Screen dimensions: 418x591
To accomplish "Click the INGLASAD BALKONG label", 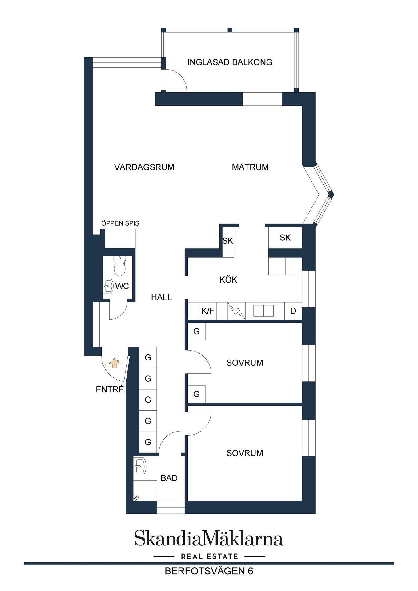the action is pos(230,62).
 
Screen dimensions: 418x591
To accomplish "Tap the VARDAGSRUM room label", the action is pos(144,167).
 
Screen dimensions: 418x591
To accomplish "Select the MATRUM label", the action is pos(250,167).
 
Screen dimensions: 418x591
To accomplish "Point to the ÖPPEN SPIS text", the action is pos(120,223).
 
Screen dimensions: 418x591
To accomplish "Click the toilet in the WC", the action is pos(119,266).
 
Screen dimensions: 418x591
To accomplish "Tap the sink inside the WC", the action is pos(108,286).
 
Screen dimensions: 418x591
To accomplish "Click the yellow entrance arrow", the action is pos(115,363).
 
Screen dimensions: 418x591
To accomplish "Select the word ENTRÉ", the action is pos(110,389).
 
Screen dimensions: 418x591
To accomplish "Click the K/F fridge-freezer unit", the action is pos(207,311).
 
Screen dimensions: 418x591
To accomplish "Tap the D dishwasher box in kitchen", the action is pos(293,311).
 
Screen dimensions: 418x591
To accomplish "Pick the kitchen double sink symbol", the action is pos(263,311).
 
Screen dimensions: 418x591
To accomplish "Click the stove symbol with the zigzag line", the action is pos(237,311).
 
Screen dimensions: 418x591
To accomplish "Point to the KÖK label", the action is pos(228,280).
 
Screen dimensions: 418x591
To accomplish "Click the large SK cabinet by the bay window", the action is pos(285,237).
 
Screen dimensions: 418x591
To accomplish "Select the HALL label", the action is pos(161,297).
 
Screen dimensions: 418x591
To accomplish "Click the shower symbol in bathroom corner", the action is pos(136,497).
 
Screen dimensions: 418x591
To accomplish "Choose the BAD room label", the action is pos(169,478).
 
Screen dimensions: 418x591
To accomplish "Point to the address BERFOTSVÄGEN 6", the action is pos(209,571).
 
